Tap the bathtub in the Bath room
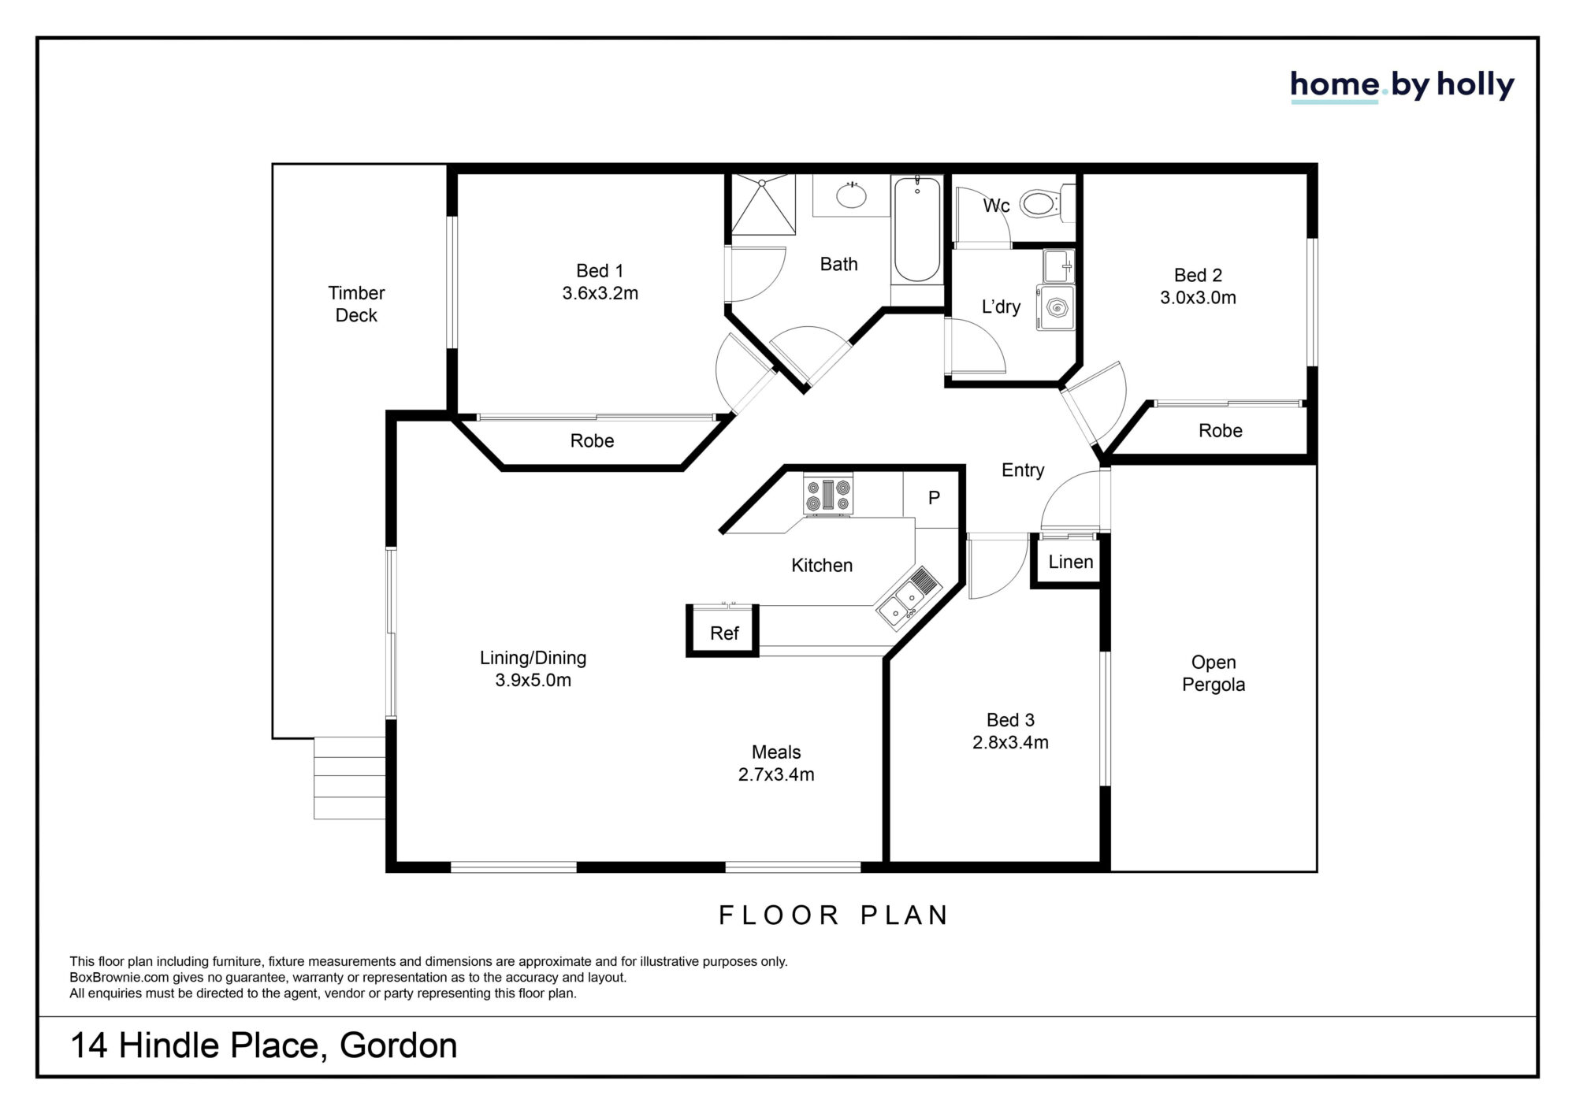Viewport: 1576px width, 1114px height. click(x=916, y=229)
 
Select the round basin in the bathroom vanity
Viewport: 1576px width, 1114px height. click(x=851, y=195)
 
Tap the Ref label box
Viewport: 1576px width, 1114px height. click(x=723, y=631)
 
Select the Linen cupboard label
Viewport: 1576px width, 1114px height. click(x=1070, y=562)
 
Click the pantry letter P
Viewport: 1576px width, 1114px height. click(x=934, y=498)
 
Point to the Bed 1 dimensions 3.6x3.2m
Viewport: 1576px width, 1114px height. click(x=600, y=293)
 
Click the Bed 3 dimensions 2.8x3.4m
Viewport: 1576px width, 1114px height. click(x=1010, y=742)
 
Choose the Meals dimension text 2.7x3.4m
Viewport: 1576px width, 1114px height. click(x=776, y=774)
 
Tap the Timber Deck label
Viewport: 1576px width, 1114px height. click(x=356, y=304)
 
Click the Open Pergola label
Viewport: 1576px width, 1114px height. click(x=1214, y=674)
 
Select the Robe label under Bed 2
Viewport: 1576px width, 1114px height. click(x=1220, y=431)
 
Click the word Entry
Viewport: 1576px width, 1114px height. click(x=1023, y=470)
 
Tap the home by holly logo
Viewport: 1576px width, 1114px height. click(x=1402, y=86)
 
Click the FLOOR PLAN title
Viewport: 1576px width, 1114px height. click(x=834, y=915)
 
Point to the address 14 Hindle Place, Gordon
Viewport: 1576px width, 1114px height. click(x=264, y=1045)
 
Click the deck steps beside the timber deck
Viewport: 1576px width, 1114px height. click(x=350, y=778)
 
